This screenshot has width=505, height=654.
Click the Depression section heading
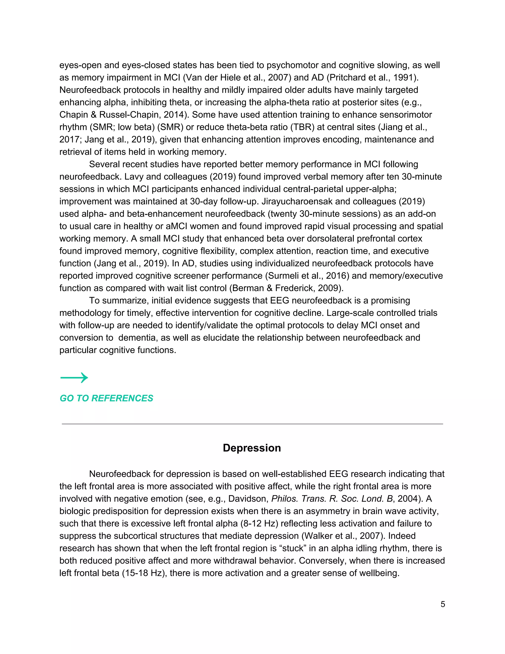coord(252,448)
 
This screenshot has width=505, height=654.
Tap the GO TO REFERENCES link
coord(106,398)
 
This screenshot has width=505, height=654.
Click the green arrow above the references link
coord(74,378)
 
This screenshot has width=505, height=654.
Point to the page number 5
coord(443,604)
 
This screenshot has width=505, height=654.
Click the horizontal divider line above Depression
coord(252,424)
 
